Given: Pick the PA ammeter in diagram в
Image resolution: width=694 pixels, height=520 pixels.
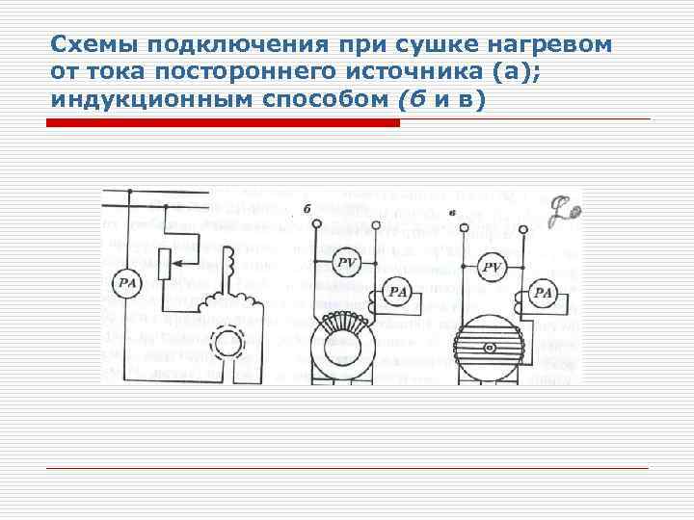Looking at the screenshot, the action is click(544, 292).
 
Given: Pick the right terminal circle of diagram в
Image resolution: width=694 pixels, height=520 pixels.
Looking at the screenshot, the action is click(522, 228).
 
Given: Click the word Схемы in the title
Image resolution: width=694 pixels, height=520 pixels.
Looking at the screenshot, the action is click(82, 45).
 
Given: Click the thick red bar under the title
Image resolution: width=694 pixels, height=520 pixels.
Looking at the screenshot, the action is click(223, 123).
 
